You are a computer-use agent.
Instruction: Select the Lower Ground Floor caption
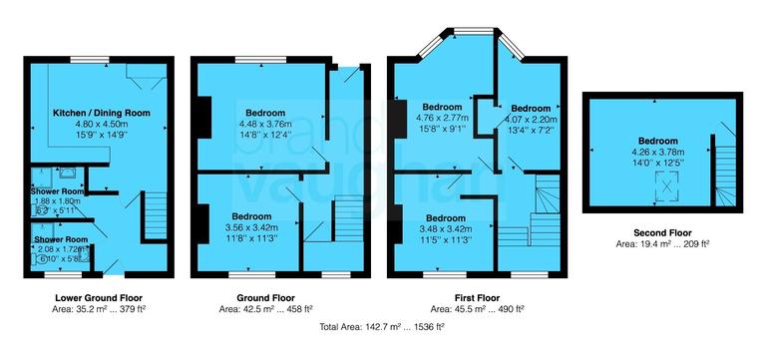(99, 297)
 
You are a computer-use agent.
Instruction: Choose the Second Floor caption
(662, 228)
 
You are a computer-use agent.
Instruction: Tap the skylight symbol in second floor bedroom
(661, 183)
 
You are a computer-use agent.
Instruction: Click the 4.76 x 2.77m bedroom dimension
(441, 117)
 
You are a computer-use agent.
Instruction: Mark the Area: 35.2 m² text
(99, 309)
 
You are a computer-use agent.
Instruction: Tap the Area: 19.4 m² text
(662, 241)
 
